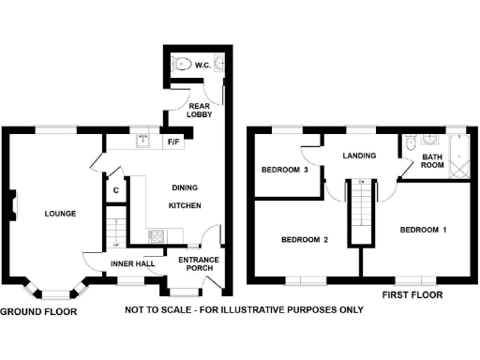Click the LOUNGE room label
click(59, 214)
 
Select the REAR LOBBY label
click(200, 110)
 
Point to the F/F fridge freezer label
click(173, 142)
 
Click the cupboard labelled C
click(114, 190)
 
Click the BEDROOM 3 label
click(284, 170)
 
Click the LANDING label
click(359, 156)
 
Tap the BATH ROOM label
click(431, 162)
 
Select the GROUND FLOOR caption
click(37, 310)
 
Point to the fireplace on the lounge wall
click(13, 202)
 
